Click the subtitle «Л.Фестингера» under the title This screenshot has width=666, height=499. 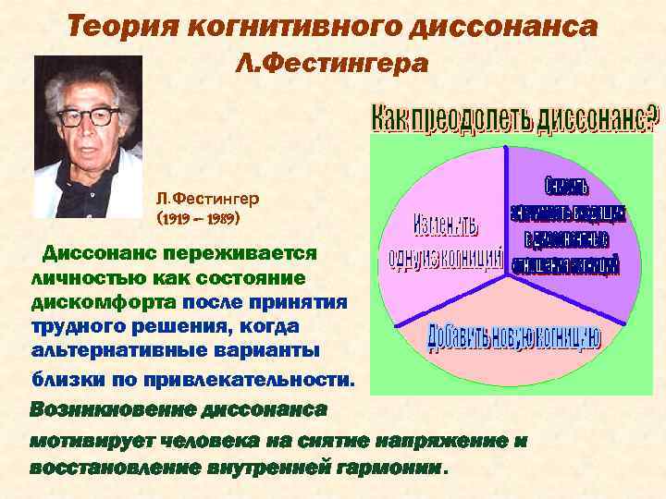coord(332,64)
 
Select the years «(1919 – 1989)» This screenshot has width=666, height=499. coord(199,221)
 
